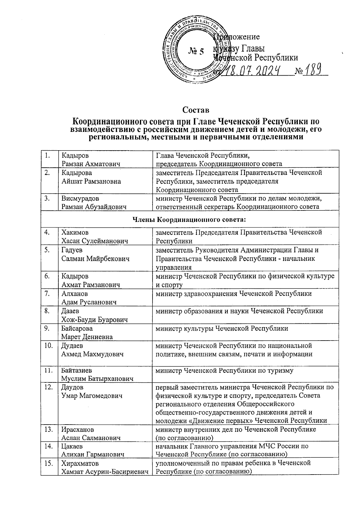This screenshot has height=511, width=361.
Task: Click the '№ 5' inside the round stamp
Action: tap(196, 51)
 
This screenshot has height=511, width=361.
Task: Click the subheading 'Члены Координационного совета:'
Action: tap(190, 220)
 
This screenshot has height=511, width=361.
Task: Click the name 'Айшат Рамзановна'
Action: tap(91, 181)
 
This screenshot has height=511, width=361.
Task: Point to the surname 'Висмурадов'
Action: tap(80, 198)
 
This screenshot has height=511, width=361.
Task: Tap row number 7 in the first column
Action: tap(47, 294)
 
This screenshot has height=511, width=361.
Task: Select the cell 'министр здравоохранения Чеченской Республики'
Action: tap(233, 294)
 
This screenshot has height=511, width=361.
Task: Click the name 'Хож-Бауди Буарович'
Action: tap(94, 319)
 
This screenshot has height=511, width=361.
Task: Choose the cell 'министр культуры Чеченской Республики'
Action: tap(221, 328)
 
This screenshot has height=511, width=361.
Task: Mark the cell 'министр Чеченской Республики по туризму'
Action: tap(224, 371)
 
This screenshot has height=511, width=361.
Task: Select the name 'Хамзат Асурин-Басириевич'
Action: tap(105, 472)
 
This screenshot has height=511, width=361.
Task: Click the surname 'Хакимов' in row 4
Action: tap(75, 232)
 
